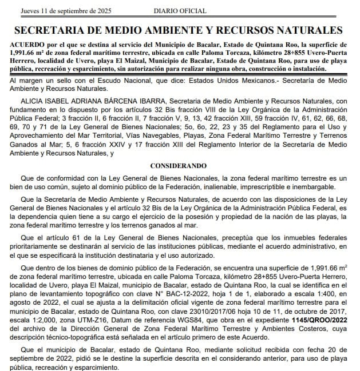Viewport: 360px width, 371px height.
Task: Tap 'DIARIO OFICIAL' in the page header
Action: point(177,11)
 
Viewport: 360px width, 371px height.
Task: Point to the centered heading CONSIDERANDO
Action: point(180,165)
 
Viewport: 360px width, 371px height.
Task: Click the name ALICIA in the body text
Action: point(32,101)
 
